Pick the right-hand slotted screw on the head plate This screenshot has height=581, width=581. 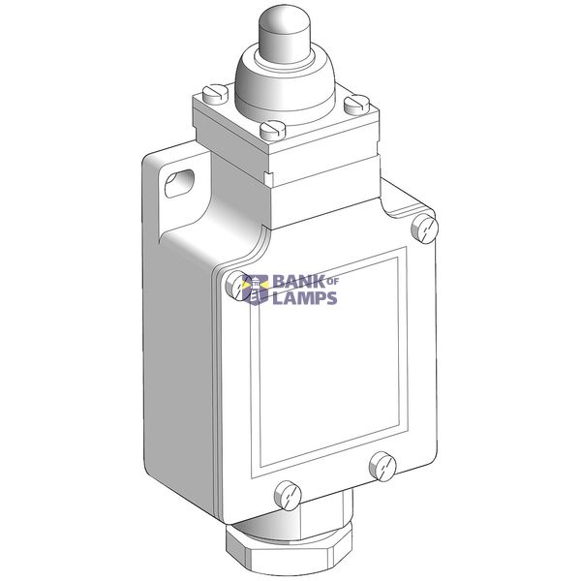click(x=356, y=105)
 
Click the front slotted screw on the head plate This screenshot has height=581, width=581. click(x=273, y=130)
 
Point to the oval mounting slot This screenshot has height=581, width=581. click(x=179, y=183)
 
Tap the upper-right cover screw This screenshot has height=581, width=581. click(x=425, y=229)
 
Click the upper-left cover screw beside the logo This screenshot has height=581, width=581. click(x=238, y=285)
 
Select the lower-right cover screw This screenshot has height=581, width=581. click(x=382, y=466)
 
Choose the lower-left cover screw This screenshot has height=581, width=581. click(x=288, y=496)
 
